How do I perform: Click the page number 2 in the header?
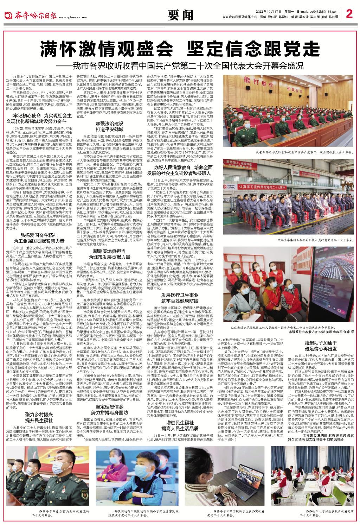point(349,14)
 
